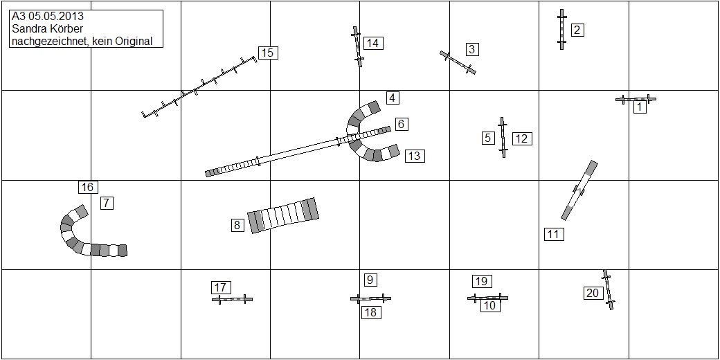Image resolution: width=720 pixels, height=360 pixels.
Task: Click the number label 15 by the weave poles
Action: [268, 53]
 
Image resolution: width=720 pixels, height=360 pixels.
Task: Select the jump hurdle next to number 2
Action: [561, 29]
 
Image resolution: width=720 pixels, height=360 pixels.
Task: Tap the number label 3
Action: [471, 49]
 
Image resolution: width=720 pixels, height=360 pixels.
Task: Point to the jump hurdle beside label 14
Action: [358, 46]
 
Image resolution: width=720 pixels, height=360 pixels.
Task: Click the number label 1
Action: [640, 107]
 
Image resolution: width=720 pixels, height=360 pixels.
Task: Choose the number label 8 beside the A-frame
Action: [237, 225]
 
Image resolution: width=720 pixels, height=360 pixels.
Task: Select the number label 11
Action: [554, 234]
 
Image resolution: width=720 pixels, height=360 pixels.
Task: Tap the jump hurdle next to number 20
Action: [609, 290]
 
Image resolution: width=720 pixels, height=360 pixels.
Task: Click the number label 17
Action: [220, 287]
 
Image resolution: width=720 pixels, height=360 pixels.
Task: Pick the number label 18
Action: [372, 313]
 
